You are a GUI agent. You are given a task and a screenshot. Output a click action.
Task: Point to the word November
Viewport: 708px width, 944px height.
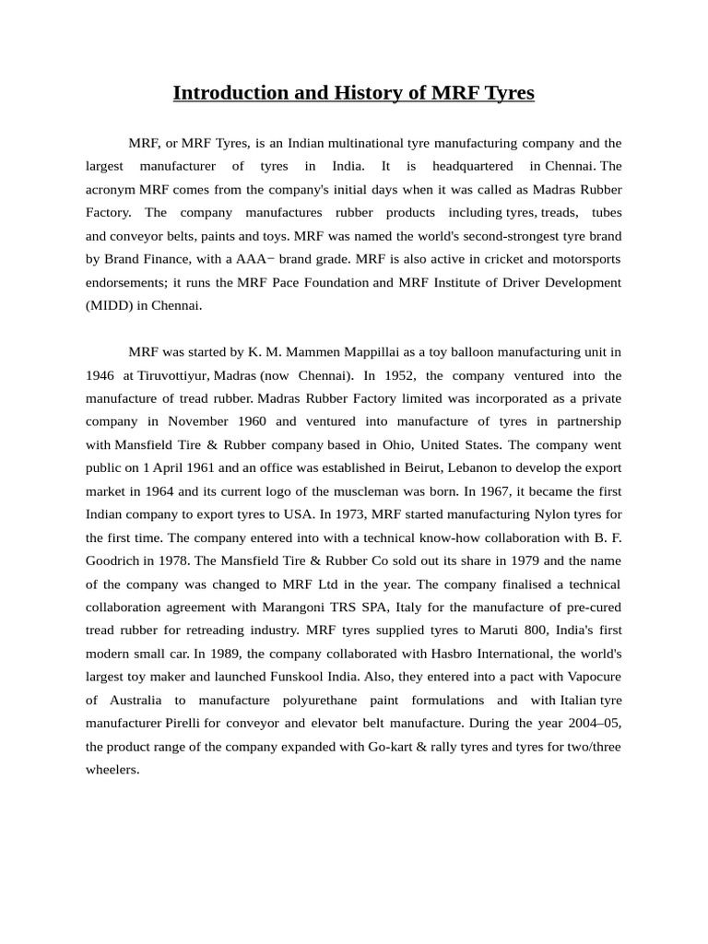pos(201,421)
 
